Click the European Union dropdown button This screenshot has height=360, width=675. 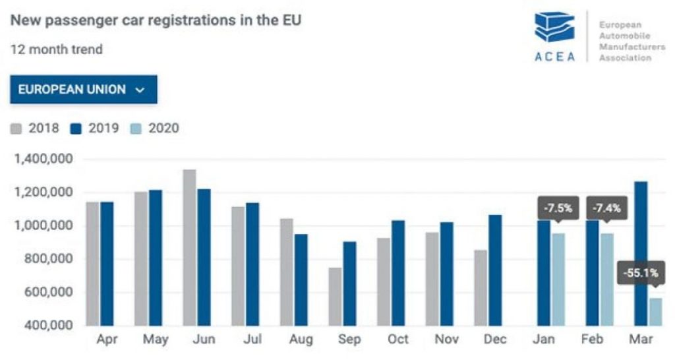(84, 90)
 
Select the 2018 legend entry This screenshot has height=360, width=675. (35, 129)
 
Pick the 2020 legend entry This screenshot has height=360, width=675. (154, 129)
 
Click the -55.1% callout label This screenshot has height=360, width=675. (641, 273)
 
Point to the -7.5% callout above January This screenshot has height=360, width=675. (558, 208)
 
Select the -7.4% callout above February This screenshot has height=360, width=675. (606, 208)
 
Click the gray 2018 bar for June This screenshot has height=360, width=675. (189, 248)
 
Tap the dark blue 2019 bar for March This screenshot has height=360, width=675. (641, 254)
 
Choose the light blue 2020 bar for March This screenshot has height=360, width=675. (656, 312)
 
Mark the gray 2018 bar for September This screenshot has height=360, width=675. (335, 297)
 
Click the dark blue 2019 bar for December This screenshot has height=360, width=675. (495, 270)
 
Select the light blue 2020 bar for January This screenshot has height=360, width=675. (558, 280)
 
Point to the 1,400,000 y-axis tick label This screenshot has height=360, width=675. (44, 160)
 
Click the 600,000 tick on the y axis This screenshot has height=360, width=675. (49, 292)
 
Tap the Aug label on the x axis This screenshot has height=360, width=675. (301, 340)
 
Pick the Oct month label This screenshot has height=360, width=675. (397, 340)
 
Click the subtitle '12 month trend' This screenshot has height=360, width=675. (57, 49)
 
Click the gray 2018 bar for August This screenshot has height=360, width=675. (287, 272)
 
